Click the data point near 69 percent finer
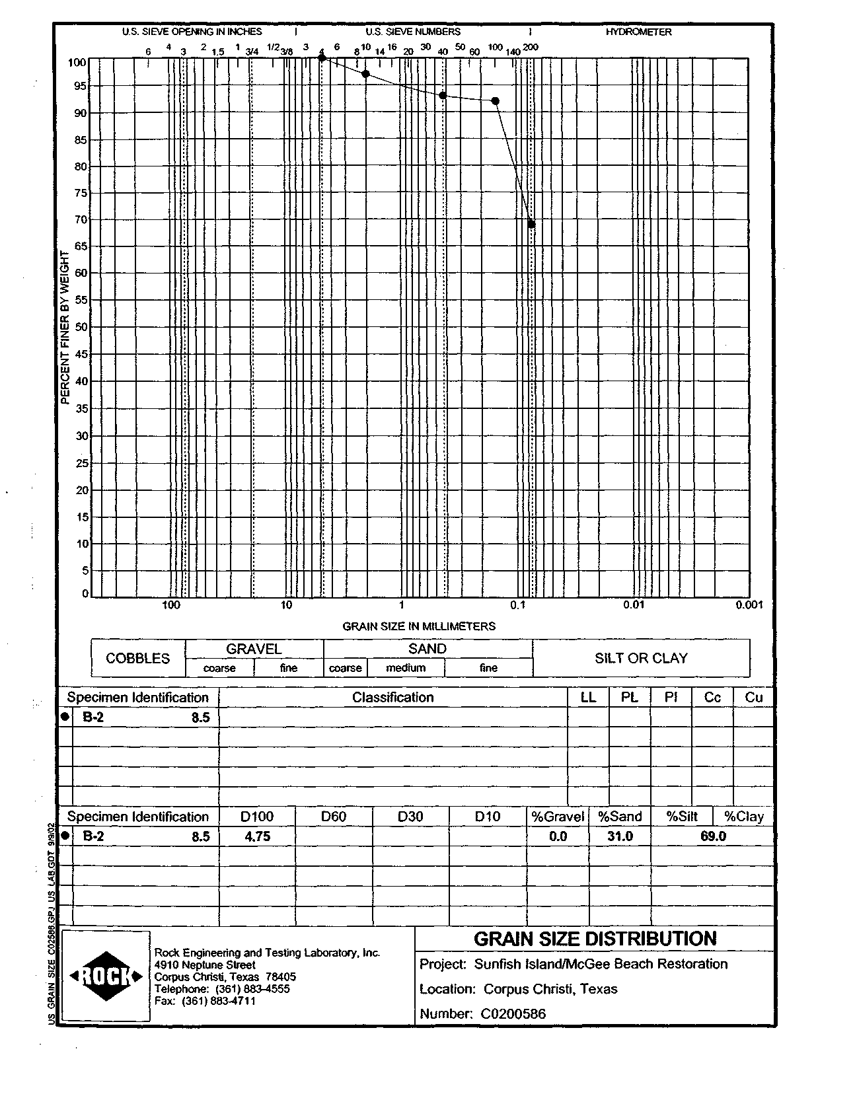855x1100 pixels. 531,225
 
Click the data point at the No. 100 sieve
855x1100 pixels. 496,101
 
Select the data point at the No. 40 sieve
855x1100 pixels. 443,96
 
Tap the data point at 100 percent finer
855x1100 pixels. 322,58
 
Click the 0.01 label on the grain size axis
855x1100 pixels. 634,605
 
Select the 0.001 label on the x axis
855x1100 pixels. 749,605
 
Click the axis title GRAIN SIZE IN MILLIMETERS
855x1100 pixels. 419,626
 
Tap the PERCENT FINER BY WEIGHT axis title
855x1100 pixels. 65,328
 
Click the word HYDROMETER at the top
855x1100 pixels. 638,32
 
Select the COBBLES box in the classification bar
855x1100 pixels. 137,658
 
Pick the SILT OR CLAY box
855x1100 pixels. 641,658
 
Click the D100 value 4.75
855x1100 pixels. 258,836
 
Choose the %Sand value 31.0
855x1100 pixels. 620,836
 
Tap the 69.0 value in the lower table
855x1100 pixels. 713,836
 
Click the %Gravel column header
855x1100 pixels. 558,817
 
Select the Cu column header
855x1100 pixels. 754,698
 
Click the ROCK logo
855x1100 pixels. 106,976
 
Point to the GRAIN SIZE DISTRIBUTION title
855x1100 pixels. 595,939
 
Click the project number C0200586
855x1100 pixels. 513,1013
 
